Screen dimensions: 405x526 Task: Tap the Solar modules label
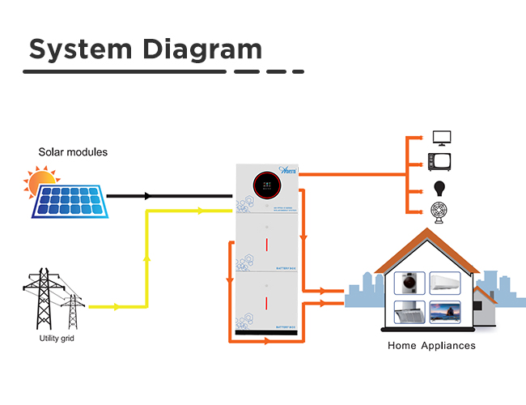(73, 152)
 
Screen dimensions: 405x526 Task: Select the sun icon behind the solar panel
(40, 182)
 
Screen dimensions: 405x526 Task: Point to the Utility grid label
(57, 338)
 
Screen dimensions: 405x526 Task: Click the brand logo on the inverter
(289, 171)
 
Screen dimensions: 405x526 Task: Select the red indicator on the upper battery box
(267, 244)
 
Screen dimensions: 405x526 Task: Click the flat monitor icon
(442, 138)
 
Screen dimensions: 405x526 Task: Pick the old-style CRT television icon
(442, 160)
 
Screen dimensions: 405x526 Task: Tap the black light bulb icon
(442, 188)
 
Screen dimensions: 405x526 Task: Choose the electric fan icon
(442, 212)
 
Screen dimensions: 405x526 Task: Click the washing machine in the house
(409, 283)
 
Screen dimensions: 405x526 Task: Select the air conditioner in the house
(445, 281)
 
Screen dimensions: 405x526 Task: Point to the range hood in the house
(409, 313)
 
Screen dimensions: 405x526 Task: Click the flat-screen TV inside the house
(445, 313)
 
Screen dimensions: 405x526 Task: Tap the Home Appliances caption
(431, 346)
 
